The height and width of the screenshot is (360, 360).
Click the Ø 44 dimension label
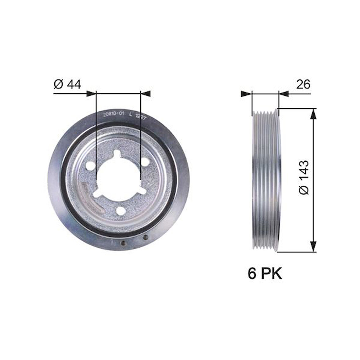pos(67,84)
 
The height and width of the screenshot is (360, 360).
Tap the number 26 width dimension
pos(303,84)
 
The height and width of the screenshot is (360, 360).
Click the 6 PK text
pos(265,274)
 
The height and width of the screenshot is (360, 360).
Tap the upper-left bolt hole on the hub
pos(90,166)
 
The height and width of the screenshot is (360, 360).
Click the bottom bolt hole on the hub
pos(121,210)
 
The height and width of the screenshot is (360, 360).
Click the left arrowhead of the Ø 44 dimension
pos(91,94)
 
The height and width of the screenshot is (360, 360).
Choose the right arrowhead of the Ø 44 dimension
pos(146,94)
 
